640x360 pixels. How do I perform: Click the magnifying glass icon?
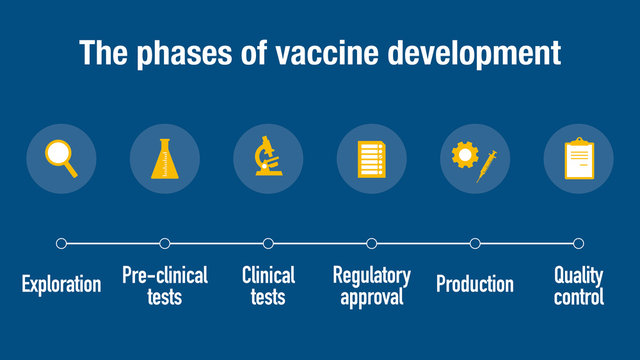(x=61, y=157)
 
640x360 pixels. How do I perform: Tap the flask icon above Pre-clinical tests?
(x=165, y=158)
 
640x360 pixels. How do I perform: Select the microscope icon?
(x=268, y=157)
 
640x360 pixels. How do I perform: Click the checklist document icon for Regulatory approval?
(x=372, y=158)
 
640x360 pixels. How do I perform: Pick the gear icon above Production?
(x=464, y=154)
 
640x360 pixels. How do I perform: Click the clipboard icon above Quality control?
(x=578, y=158)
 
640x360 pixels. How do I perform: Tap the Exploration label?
(x=61, y=284)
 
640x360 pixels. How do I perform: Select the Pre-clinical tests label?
(x=165, y=285)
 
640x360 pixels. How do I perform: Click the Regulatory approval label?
(x=372, y=285)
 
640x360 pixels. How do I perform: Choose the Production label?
(x=475, y=284)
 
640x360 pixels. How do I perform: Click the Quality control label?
(x=579, y=285)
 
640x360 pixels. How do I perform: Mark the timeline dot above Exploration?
(x=61, y=243)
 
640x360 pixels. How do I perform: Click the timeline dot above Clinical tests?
(x=268, y=243)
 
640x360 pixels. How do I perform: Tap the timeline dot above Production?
(x=475, y=243)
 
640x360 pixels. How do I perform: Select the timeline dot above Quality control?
(x=578, y=243)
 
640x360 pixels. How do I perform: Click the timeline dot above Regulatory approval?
(x=372, y=243)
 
